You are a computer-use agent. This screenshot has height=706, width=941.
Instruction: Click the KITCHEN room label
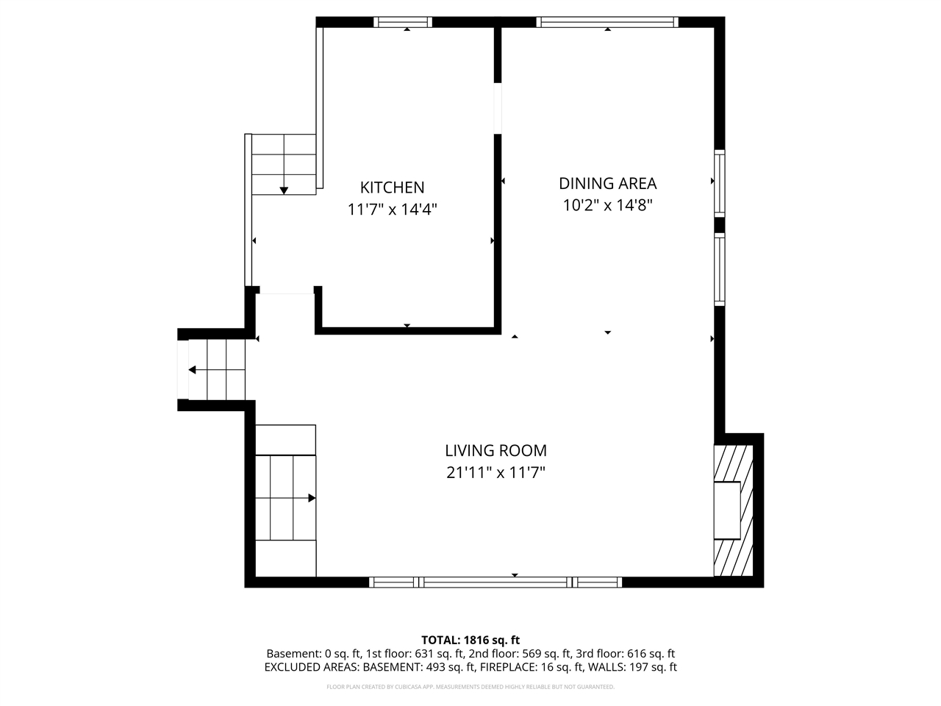[392, 188]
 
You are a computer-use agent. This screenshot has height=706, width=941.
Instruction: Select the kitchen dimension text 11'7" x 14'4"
[392, 210]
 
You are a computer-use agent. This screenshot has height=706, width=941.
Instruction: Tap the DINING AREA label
[607, 183]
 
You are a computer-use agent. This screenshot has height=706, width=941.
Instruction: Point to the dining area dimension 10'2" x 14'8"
[607, 205]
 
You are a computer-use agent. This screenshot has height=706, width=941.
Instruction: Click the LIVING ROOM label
[495, 450]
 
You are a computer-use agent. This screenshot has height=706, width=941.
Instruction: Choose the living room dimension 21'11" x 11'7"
[495, 472]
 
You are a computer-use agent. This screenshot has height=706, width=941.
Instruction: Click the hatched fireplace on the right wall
[734, 510]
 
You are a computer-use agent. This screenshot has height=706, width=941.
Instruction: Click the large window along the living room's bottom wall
[495, 582]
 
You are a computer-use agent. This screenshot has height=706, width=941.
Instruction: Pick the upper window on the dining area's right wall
[720, 182]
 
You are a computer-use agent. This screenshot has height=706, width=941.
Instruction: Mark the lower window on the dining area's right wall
[720, 268]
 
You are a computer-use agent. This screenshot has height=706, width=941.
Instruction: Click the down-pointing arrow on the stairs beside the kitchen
[284, 190]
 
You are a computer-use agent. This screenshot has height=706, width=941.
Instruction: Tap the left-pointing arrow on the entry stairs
[193, 370]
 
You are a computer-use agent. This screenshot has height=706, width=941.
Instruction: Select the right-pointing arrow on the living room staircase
[312, 498]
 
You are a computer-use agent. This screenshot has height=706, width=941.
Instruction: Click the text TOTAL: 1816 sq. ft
[470, 640]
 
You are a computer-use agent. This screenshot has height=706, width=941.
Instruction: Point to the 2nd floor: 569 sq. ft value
[526, 653]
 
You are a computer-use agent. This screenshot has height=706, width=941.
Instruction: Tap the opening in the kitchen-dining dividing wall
[498, 108]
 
